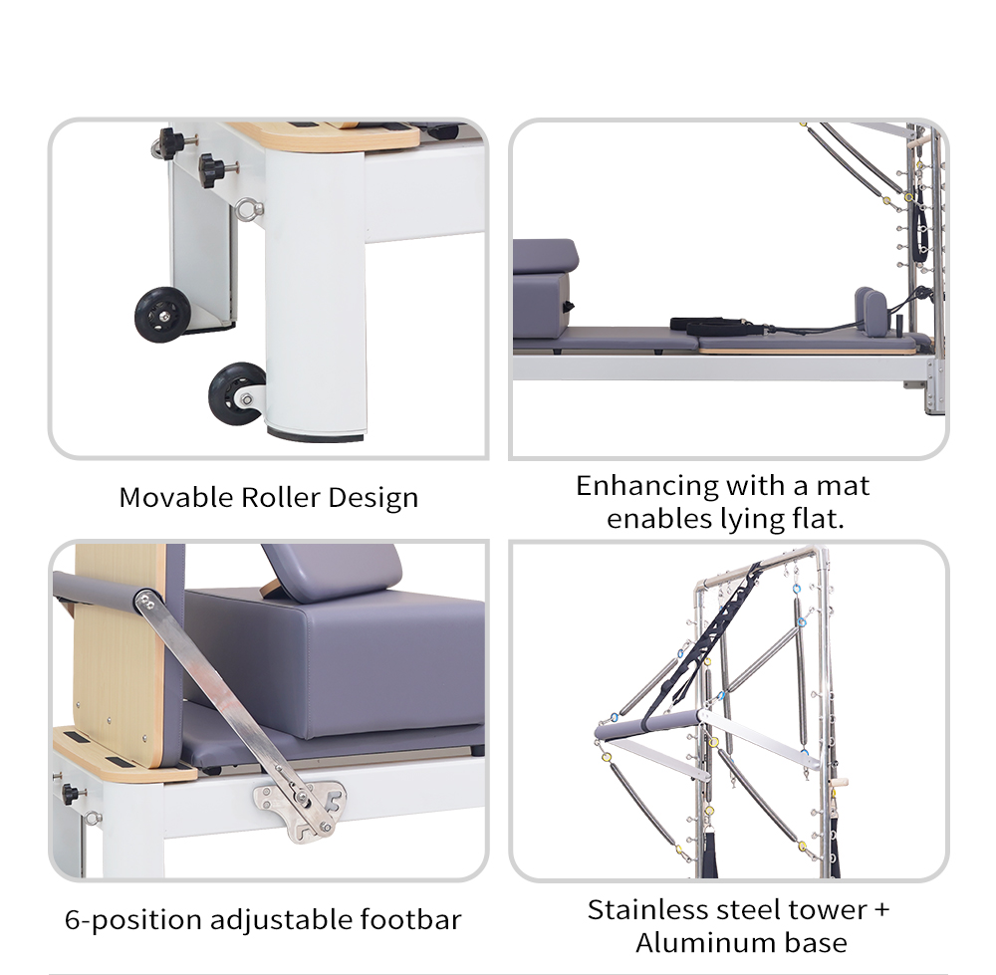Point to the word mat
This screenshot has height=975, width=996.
point(843,486)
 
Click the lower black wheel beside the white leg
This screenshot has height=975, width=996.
point(237,394)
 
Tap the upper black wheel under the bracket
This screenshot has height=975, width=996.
point(162,314)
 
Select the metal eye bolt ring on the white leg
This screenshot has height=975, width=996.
point(246,210)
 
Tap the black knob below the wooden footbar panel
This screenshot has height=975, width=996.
point(70,795)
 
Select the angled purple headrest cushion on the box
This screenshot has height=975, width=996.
point(331,571)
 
